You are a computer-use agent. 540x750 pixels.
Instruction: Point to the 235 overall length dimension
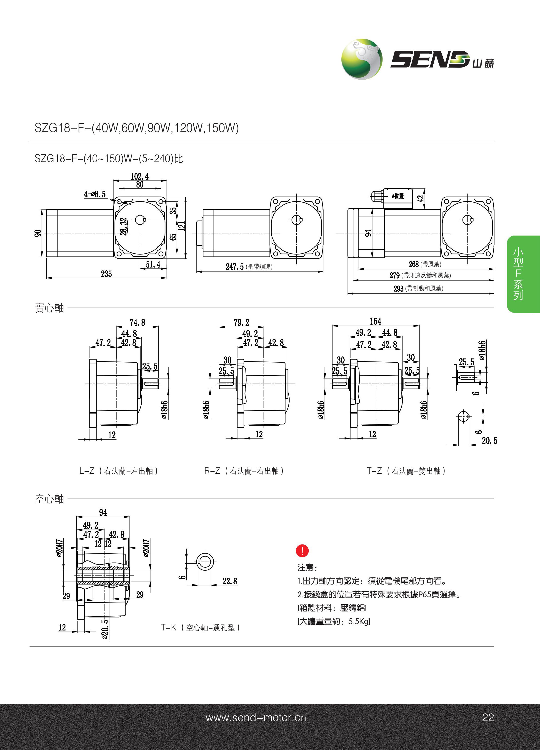106,274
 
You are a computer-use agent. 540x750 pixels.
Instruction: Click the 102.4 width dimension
140,176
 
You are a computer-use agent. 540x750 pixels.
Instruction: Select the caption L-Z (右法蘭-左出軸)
118,471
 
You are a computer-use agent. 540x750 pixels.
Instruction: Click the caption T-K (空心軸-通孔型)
200,627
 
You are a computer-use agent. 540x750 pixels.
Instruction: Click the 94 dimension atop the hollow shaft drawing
103,512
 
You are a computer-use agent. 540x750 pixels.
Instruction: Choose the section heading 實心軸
49,308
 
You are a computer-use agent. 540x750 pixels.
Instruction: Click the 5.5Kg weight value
359,621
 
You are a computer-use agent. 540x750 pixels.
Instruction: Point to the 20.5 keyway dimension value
489,441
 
